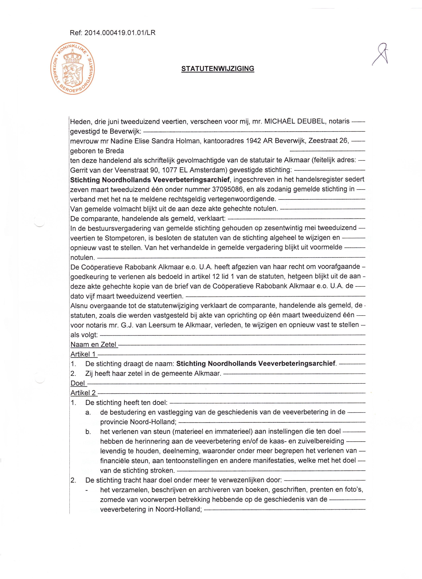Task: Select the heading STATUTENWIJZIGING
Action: (218, 69)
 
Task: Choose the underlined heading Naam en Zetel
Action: (94, 344)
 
